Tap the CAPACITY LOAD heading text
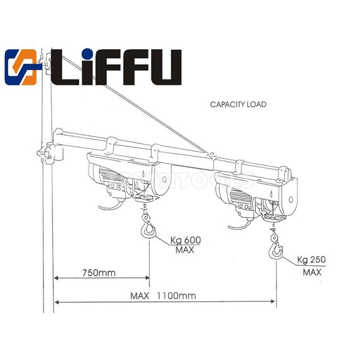coord(238,104)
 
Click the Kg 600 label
coord(185,240)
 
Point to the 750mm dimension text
coord(99,273)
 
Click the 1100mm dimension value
coord(177,295)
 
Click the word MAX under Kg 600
coord(184,250)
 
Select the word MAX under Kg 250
coord(311,272)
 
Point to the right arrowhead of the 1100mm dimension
coord(274,302)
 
